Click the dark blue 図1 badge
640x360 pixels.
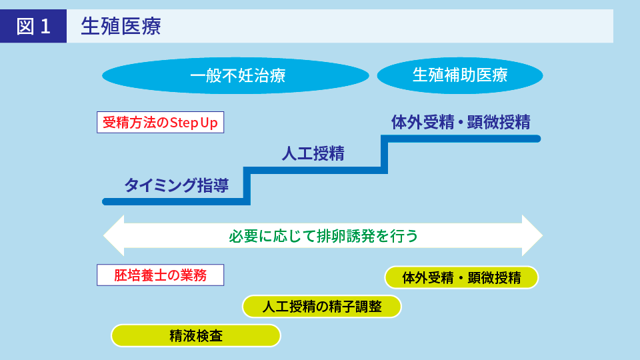pyautogui.click(x=33, y=26)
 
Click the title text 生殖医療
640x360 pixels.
pyautogui.click(x=121, y=26)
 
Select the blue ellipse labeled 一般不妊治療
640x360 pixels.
pyautogui.click(x=235, y=75)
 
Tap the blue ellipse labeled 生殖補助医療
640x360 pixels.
pyautogui.click(x=460, y=75)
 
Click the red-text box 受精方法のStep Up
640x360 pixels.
pyautogui.click(x=161, y=123)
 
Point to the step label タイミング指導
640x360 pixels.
pyautogui.click(x=176, y=185)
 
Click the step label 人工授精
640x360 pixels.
pyautogui.click(x=313, y=154)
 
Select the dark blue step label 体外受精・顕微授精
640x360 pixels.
pyautogui.click(x=460, y=122)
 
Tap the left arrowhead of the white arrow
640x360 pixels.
pyautogui.click(x=114, y=235)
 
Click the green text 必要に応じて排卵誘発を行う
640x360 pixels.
pyautogui.click(x=323, y=236)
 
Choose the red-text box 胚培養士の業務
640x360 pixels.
pyautogui.click(x=161, y=275)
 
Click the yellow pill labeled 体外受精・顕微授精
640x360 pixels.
pyautogui.click(x=461, y=277)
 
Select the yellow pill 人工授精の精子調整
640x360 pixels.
pyautogui.click(x=322, y=307)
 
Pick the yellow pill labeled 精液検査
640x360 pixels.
pyautogui.click(x=196, y=335)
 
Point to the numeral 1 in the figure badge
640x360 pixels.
pyautogui.click(x=45, y=26)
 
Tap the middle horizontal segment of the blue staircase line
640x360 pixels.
pyautogui.click(x=315, y=171)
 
